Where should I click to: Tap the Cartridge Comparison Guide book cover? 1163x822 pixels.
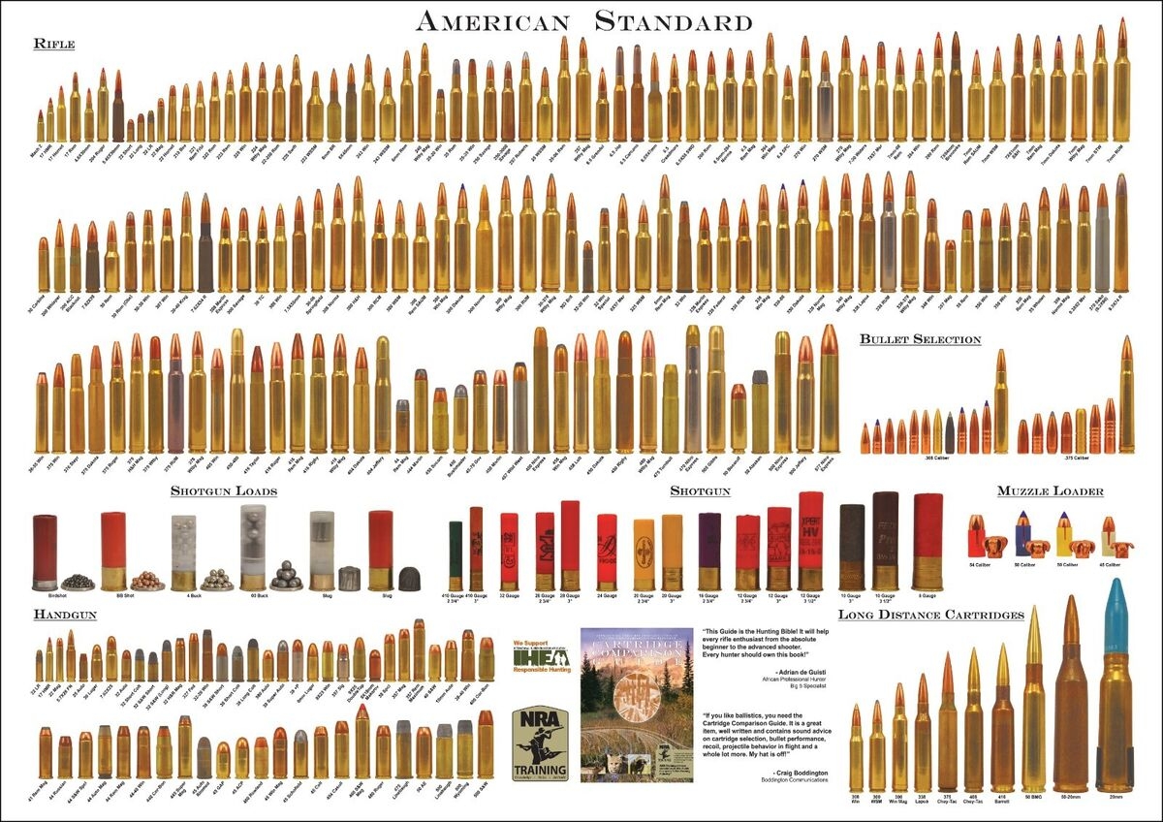coord(637,705)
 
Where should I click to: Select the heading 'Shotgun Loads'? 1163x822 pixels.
coord(223,491)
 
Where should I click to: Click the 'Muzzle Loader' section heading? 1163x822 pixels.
coord(1050,491)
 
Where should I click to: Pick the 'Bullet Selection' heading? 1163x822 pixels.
coord(920,339)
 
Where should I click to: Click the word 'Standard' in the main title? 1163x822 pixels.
coord(673,21)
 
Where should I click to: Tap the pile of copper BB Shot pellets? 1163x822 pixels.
coord(147,581)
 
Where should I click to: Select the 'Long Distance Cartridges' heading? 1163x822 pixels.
coord(930,615)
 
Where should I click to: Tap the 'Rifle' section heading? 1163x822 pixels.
coord(53,44)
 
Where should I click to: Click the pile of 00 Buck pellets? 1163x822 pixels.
coord(287,577)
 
